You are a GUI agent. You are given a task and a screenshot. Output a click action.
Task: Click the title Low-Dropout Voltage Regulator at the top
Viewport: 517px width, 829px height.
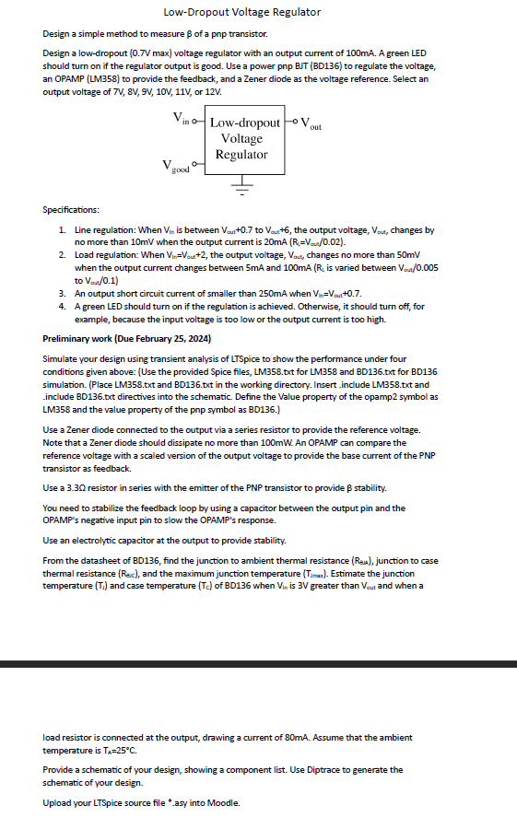[241, 12]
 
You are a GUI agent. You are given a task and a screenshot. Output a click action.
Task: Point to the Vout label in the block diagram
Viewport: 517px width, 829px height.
[311, 123]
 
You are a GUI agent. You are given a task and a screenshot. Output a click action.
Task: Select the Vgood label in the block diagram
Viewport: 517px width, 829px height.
[176, 168]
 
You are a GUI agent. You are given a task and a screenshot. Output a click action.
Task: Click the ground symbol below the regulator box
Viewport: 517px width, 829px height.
[243, 192]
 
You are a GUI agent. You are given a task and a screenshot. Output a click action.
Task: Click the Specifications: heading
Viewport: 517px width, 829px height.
[77, 211]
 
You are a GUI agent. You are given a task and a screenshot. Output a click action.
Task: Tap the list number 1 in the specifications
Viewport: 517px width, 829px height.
[61, 228]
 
